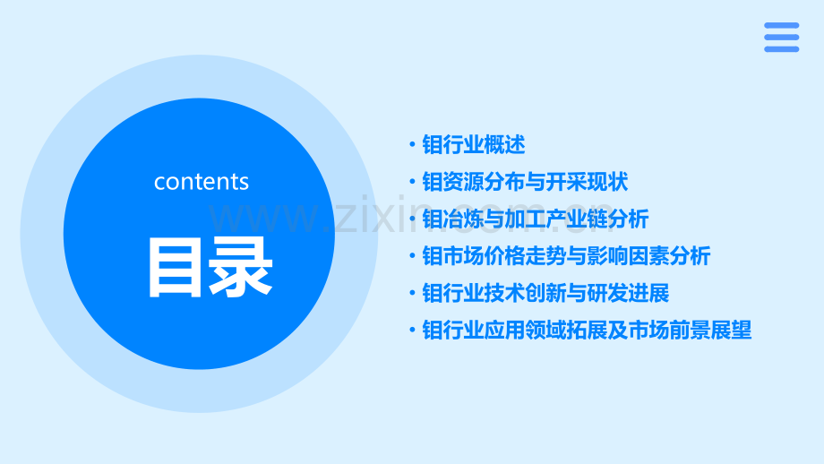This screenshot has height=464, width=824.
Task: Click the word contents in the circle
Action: pyautogui.click(x=202, y=182)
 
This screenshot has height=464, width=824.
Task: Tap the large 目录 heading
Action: pyautogui.click(x=210, y=266)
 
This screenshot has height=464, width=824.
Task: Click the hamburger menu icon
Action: pyautogui.click(x=781, y=38)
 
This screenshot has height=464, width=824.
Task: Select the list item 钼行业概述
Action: pyautogui.click(x=473, y=145)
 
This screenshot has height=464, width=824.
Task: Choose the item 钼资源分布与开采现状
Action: pyautogui.click(x=525, y=182)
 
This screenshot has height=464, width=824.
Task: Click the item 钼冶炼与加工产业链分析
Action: pyautogui.click(x=536, y=219)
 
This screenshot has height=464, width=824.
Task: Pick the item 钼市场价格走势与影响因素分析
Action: pyautogui.click(x=566, y=256)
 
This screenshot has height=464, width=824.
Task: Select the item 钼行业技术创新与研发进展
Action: pyautogui.click(x=545, y=293)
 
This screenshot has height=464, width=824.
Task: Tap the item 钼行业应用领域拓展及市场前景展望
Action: pyautogui.click(x=587, y=331)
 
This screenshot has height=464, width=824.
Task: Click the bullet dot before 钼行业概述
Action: pyautogui.click(x=411, y=145)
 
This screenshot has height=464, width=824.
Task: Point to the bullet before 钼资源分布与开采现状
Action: pyautogui.click(x=411, y=182)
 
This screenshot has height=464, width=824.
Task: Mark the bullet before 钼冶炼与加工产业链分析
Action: pyautogui.click(x=411, y=219)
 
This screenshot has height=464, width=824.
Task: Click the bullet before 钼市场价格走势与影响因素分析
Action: pyautogui.click(x=411, y=256)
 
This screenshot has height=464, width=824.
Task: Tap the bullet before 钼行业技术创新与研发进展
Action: pyautogui.click(x=411, y=293)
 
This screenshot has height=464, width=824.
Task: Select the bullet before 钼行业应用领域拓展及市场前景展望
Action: pyautogui.click(x=411, y=331)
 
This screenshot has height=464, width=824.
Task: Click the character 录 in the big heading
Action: pyautogui.click(x=242, y=266)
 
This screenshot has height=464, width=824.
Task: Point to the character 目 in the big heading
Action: pyautogui.click(x=177, y=266)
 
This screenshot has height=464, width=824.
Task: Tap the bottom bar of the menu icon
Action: pyautogui.click(x=781, y=48)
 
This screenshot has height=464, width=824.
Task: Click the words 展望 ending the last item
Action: pyautogui.click(x=731, y=331)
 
